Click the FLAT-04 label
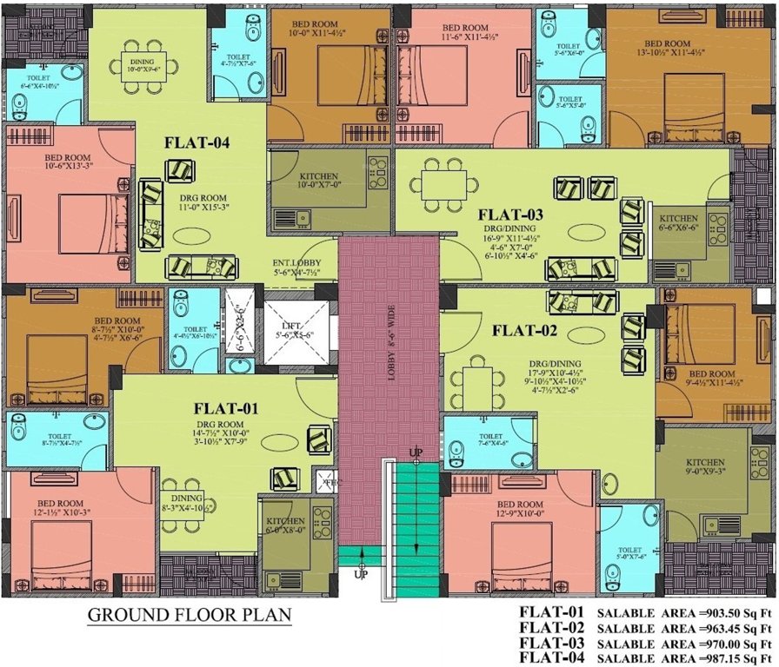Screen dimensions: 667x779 pyautogui.click(x=198, y=144)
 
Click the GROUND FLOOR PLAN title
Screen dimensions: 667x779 pyautogui.click(x=190, y=616)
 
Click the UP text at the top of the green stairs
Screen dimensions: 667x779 pyautogui.click(x=416, y=454)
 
